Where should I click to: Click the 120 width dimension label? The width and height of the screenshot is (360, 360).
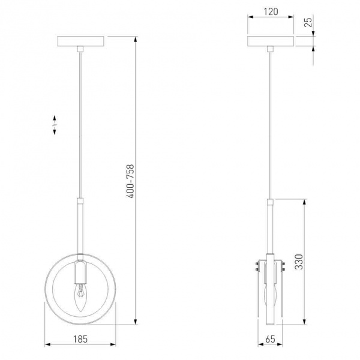(x=271, y=11)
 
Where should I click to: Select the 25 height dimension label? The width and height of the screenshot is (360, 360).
(x=308, y=22)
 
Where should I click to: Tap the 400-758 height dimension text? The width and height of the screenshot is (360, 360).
(x=130, y=181)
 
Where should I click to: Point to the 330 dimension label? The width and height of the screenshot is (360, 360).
(x=299, y=262)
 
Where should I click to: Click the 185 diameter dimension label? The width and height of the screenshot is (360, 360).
(x=80, y=339)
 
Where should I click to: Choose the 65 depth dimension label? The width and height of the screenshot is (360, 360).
(x=270, y=339)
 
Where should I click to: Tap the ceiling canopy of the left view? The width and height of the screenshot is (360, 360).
(x=81, y=41)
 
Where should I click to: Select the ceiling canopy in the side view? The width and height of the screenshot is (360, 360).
(x=271, y=41)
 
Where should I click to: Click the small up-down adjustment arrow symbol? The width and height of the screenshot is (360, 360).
(x=55, y=125)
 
